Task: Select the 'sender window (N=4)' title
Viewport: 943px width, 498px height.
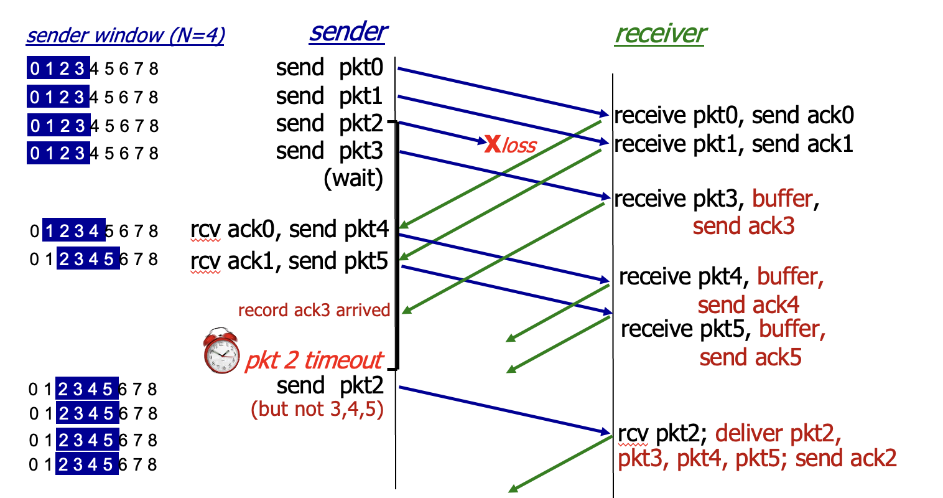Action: (x=125, y=35)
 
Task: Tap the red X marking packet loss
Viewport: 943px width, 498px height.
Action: (x=493, y=144)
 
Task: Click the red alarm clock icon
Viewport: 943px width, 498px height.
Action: (x=221, y=353)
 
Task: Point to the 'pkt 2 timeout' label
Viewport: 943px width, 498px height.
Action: (x=314, y=360)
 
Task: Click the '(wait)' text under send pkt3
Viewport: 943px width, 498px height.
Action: (x=353, y=179)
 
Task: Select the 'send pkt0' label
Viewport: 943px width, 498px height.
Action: (x=330, y=68)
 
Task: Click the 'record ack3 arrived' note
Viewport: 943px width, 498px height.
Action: (x=314, y=310)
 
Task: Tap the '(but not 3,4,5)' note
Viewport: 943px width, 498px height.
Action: (x=317, y=409)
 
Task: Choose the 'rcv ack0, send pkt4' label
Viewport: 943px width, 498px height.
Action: (x=289, y=230)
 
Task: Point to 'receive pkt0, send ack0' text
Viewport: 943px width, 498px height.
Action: (x=734, y=116)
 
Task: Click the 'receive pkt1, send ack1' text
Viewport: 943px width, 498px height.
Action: (x=734, y=144)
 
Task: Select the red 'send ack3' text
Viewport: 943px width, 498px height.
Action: (x=743, y=226)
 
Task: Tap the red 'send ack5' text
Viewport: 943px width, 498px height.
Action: (x=750, y=357)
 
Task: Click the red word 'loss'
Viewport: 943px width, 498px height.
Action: (x=519, y=146)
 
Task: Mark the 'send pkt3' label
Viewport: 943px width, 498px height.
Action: (x=330, y=151)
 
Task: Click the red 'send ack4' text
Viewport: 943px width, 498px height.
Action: (x=748, y=305)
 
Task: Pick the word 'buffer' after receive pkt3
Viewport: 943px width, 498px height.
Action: (x=783, y=199)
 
